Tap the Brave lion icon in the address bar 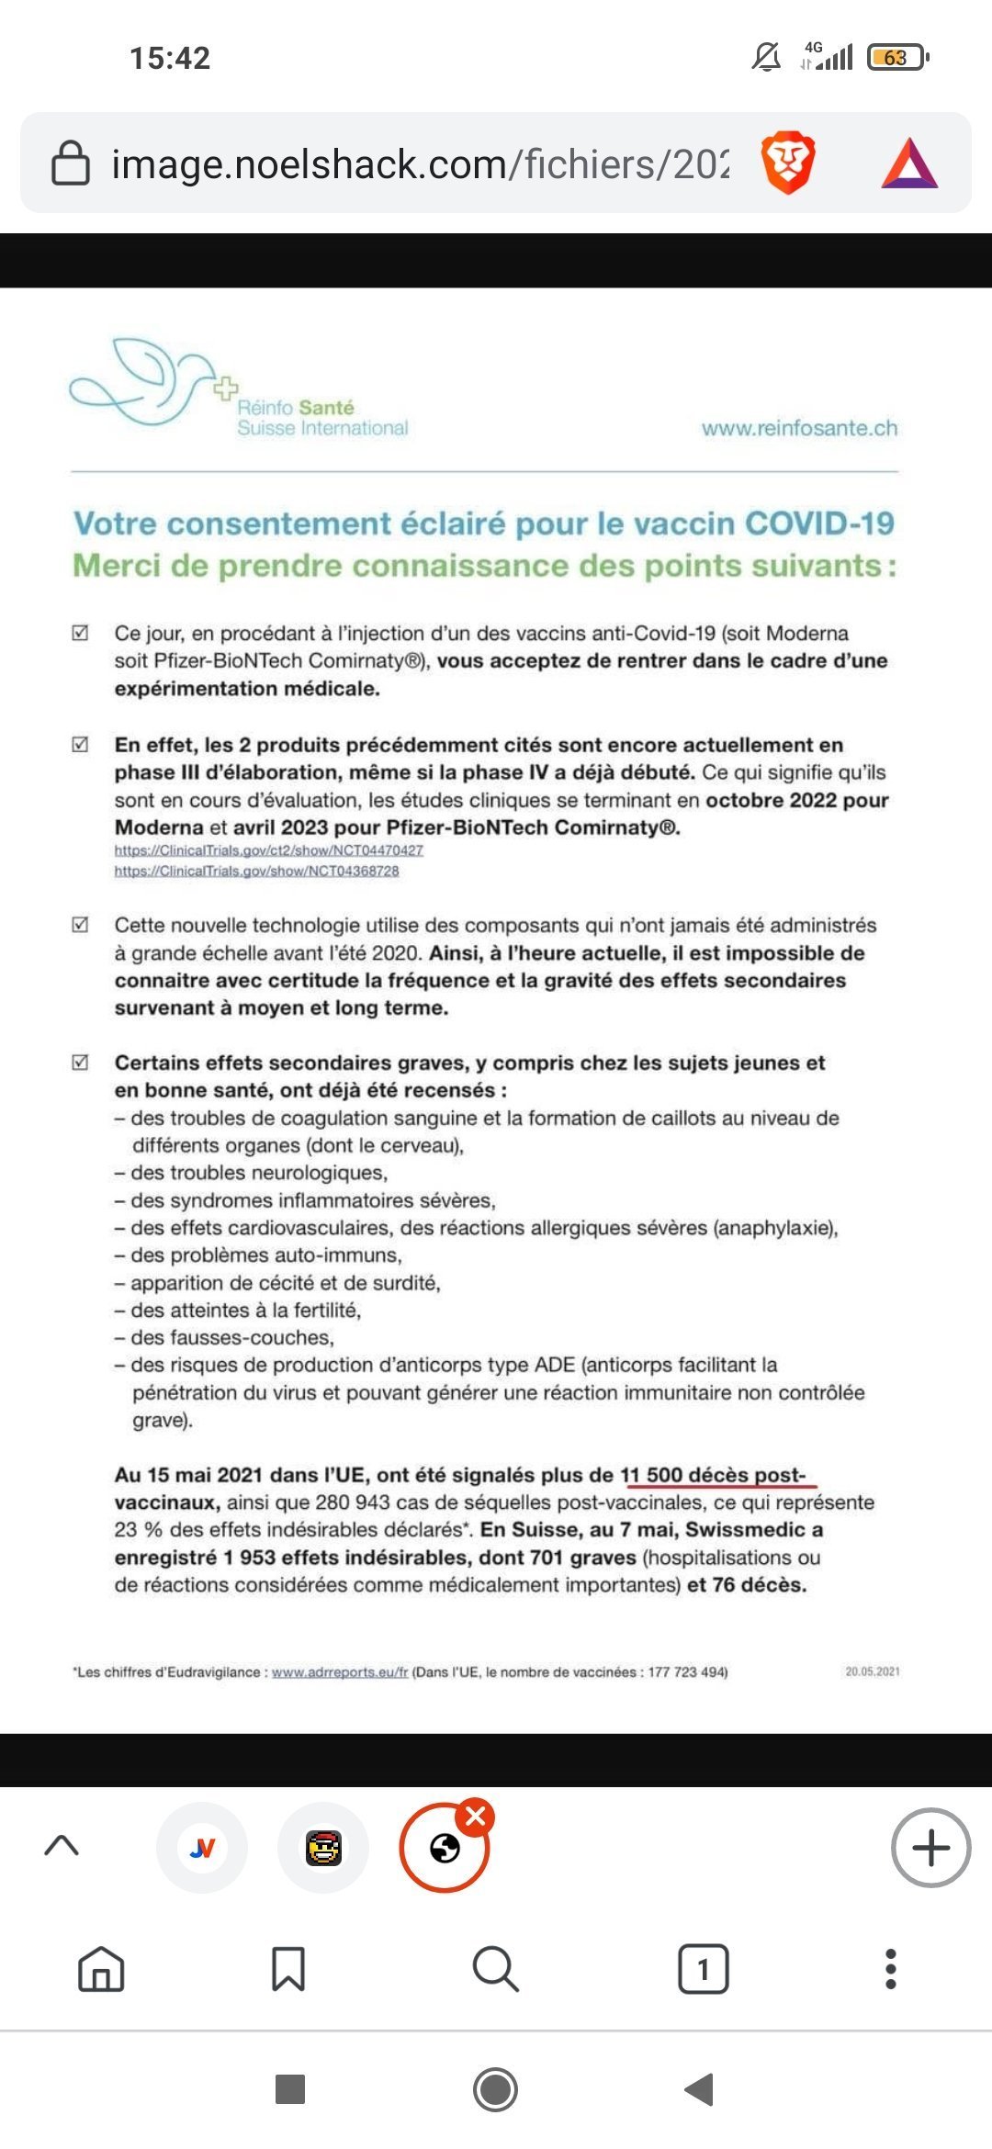point(788,163)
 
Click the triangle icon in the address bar point(909,163)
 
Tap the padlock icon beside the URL point(70,163)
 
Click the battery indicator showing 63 point(896,58)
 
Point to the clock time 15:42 point(170,58)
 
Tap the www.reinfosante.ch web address point(799,428)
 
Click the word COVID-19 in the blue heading point(819,523)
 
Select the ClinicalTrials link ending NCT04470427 point(268,850)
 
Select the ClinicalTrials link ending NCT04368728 point(256,871)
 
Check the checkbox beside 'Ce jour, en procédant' point(81,633)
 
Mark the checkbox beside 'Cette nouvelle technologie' point(81,925)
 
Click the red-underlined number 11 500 point(651,1475)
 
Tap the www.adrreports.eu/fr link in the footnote point(340,1671)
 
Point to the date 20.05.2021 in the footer point(872,1671)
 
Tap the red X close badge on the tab point(476,1816)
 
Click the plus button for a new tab point(930,1848)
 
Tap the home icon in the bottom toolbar point(101,1969)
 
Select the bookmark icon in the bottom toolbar point(288,1969)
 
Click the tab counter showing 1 point(704,1969)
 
